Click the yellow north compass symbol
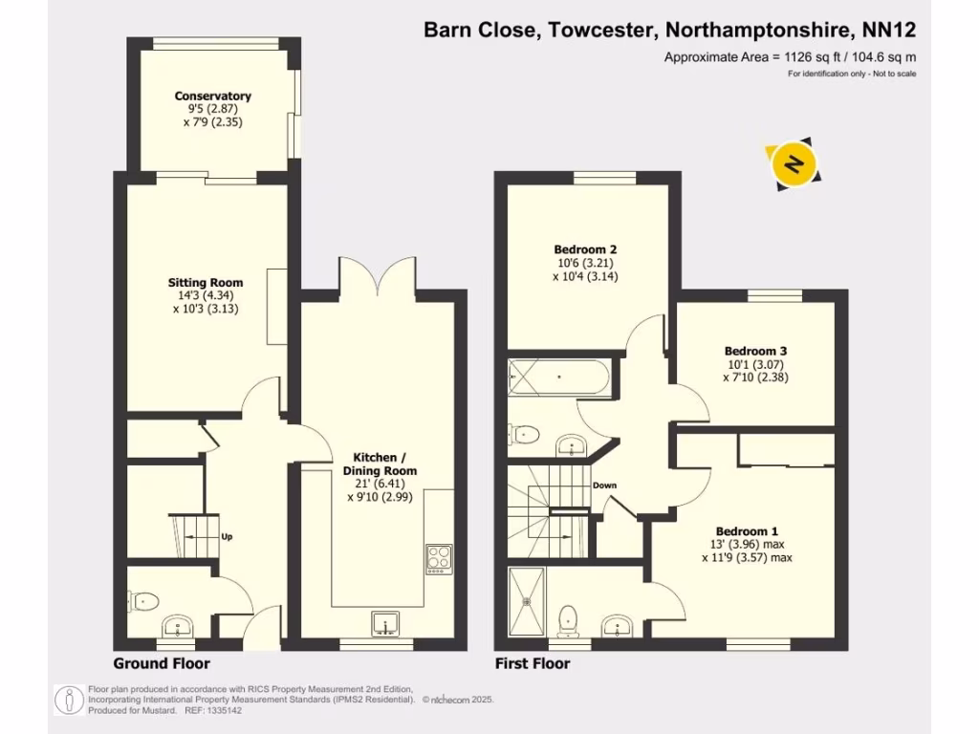click(x=793, y=163)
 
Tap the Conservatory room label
click(x=212, y=96)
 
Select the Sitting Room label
click(x=206, y=283)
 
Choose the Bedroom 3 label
click(x=755, y=351)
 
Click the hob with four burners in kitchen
click(x=439, y=557)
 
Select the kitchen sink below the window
click(x=386, y=622)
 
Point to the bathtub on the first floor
click(x=557, y=379)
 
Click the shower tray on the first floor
click(x=527, y=600)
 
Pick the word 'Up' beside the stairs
click(x=227, y=537)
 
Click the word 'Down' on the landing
click(x=604, y=486)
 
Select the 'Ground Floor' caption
click(x=162, y=663)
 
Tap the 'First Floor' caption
click(x=532, y=663)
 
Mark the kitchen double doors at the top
click(x=381, y=278)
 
